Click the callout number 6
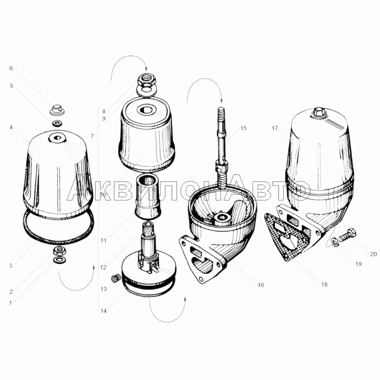coord(11,68)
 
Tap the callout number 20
coord(373,254)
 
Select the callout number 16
coord(260,285)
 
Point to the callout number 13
coord(104,289)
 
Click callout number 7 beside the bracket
coord(92,136)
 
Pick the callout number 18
coord(324,284)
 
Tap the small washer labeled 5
coord(57,123)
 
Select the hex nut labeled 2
coord(58,251)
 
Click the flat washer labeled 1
coord(58,260)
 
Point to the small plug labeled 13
coord(116,278)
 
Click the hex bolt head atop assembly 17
coord(319,113)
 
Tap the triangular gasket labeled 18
coord(287,237)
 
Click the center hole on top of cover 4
coord(57,138)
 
